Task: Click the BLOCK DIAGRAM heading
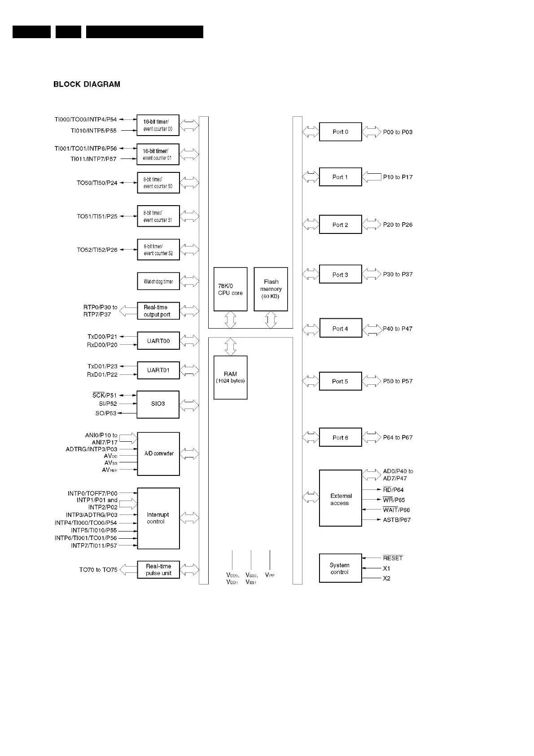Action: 87,84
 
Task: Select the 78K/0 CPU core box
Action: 230,289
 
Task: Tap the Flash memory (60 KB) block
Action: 271,289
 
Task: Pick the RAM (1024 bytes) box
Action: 230,377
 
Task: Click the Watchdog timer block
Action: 158,281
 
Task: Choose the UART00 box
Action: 158,341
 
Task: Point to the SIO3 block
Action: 158,404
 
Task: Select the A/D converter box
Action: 158,453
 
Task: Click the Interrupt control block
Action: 158,518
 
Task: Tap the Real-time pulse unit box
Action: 158,570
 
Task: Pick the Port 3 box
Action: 340,274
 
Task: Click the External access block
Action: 340,498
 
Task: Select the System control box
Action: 340,568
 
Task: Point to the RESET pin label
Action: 393,558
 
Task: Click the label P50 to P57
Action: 398,381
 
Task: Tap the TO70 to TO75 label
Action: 98,570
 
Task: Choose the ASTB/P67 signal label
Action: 397,520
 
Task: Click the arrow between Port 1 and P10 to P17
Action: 371,177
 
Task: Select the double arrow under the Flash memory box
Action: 271,320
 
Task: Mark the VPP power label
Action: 270,575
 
